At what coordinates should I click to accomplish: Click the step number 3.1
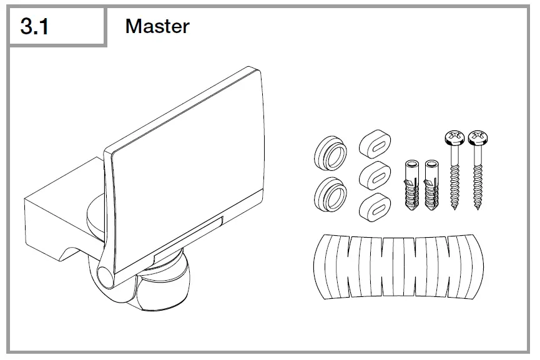coord(34,26)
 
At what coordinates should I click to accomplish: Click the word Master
coord(157,26)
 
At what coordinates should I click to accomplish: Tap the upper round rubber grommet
coord(330,153)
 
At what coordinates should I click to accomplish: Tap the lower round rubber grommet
coord(330,195)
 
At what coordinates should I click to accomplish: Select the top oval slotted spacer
coord(375,144)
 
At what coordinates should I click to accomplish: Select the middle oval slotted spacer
coord(375,175)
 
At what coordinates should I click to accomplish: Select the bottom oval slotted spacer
coord(375,207)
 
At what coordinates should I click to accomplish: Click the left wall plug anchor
coord(412,185)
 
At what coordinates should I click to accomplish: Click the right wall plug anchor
coord(431,185)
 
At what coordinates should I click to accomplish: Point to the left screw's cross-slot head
coord(454,137)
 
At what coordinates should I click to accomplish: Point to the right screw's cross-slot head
coord(478,137)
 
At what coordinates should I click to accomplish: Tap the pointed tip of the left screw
coord(454,210)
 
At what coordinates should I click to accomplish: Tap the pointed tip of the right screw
coord(478,210)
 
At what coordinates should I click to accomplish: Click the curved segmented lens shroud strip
coord(398,266)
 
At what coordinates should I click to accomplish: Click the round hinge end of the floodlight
coord(105,277)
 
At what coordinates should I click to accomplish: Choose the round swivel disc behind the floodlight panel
coord(96,217)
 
